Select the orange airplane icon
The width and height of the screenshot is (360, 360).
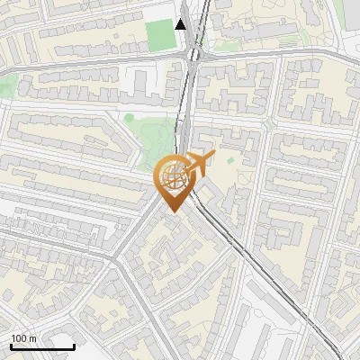[200, 163]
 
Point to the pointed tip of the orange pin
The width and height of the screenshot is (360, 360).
[172, 211]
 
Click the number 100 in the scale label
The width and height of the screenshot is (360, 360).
[20, 338]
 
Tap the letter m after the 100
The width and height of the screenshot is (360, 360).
[34, 338]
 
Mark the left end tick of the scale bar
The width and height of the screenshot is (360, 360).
[11, 346]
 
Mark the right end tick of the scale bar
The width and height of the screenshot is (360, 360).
[74, 346]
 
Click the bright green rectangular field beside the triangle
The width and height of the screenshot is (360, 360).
[159, 35]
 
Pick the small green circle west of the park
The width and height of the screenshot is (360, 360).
[129, 117]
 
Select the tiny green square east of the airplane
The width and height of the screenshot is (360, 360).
[230, 161]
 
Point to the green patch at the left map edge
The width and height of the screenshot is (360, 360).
[7, 86]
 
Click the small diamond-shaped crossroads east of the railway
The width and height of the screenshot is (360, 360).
[269, 121]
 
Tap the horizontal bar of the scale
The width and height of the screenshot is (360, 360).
[42, 346]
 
